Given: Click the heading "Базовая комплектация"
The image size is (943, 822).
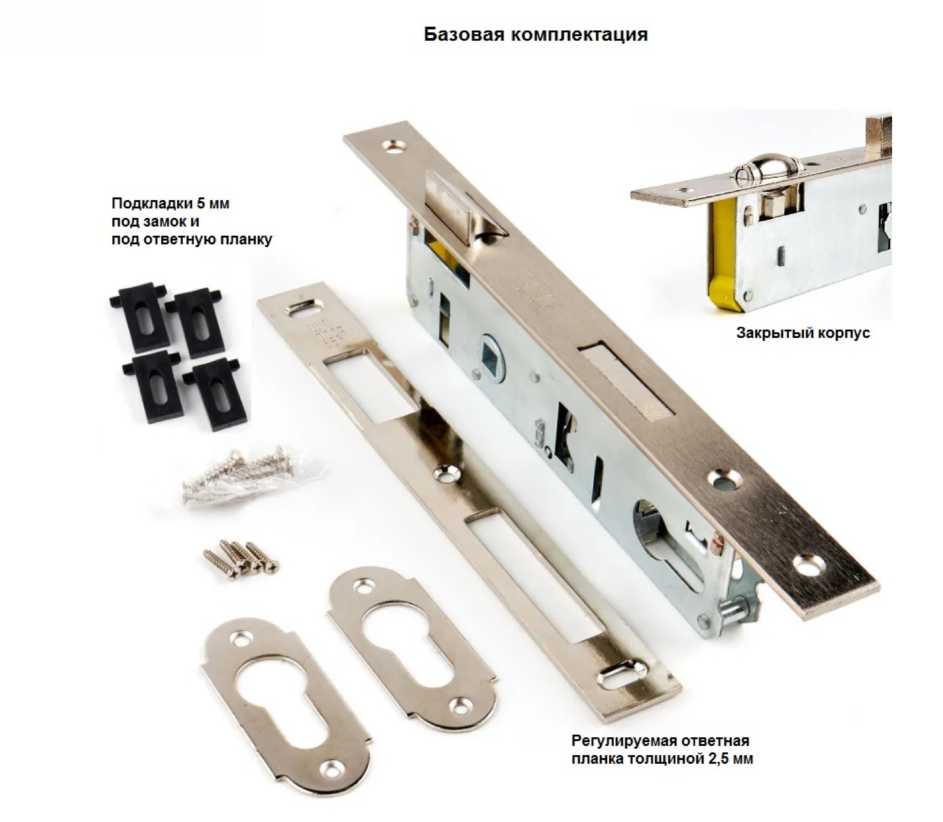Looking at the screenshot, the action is click(536, 35).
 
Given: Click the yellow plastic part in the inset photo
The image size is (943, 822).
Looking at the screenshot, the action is click(723, 257).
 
